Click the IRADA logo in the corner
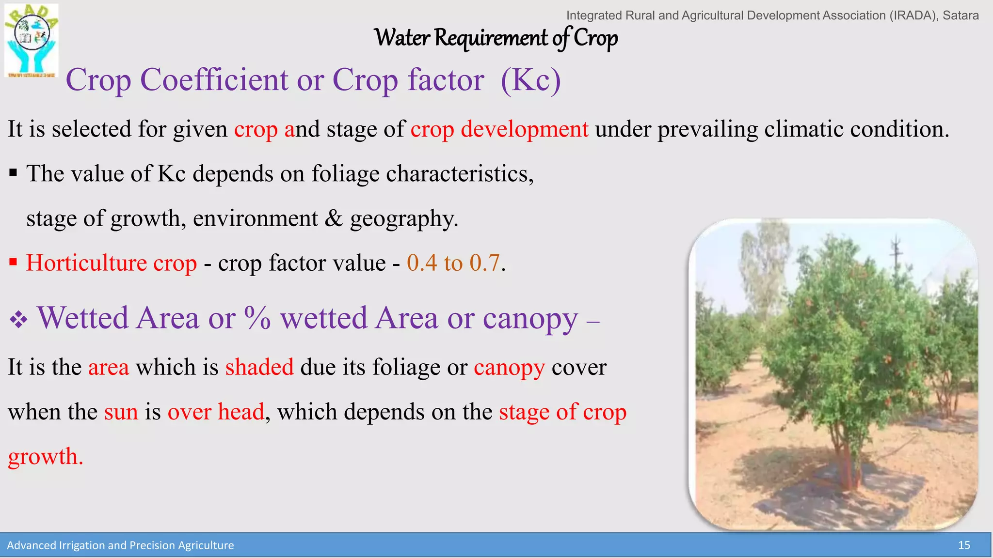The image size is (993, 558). [32, 41]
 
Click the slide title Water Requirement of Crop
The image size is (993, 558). [496, 38]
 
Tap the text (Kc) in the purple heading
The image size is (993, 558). [530, 80]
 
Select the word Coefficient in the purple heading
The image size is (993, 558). [214, 80]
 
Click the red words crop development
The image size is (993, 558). [499, 129]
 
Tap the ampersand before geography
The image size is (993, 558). [334, 218]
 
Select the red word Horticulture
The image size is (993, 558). [86, 263]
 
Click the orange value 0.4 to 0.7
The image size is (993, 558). [453, 263]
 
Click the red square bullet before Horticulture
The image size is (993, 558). [13, 263]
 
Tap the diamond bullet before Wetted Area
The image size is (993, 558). [18, 320]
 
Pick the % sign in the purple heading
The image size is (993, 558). [257, 318]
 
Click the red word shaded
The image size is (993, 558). [259, 367]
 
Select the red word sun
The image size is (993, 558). [121, 412]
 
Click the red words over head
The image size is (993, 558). [216, 412]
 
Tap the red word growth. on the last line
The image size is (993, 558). [46, 457]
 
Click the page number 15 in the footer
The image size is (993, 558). [964, 545]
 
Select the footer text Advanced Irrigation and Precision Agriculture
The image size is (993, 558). [120, 545]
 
